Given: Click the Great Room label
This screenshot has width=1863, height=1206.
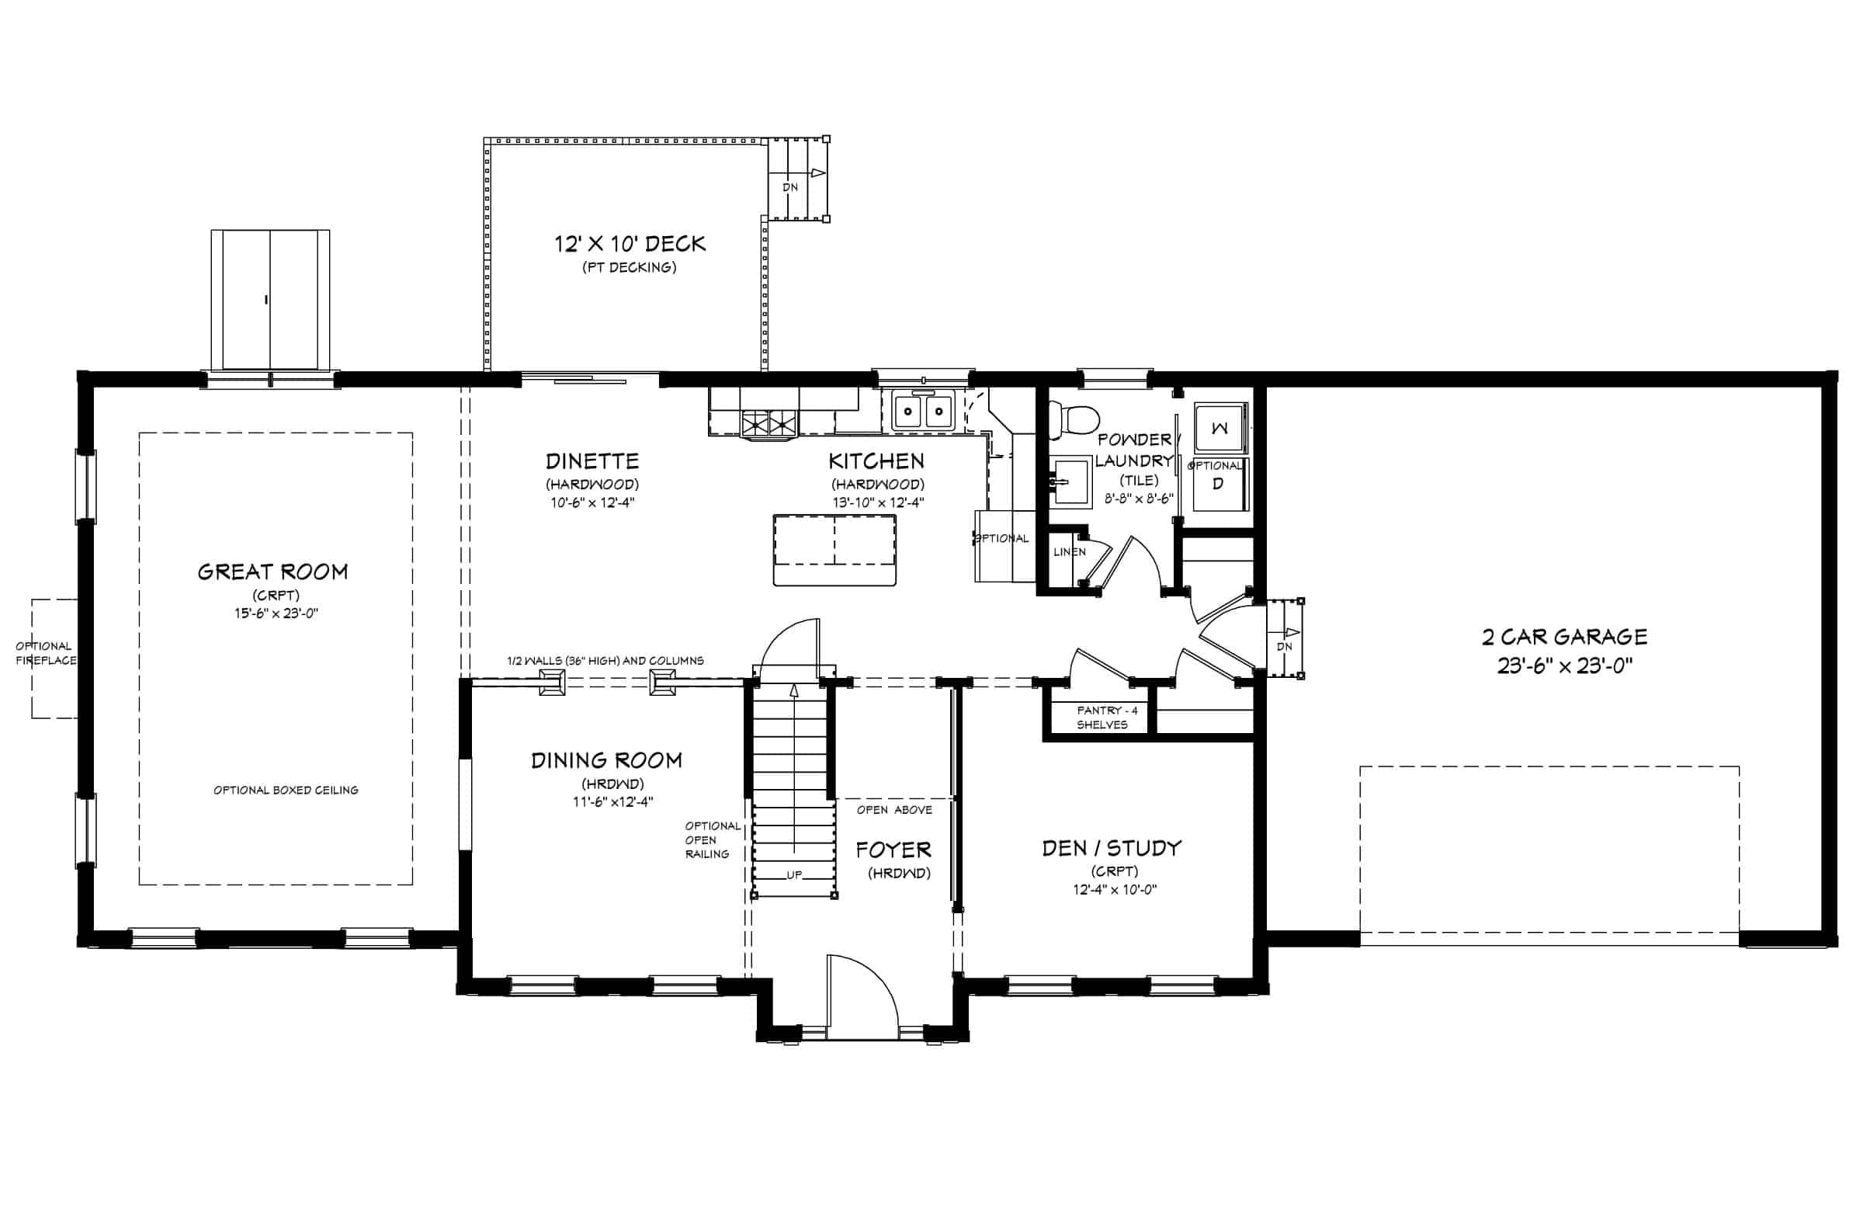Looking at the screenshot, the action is coord(272,572).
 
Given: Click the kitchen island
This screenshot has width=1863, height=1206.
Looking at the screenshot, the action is coord(834,550).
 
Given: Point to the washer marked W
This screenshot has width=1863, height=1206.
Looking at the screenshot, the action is coord(1219,428).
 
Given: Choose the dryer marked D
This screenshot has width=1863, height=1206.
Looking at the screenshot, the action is coord(1218,484).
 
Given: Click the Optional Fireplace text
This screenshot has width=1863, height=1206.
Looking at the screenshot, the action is coord(46,653).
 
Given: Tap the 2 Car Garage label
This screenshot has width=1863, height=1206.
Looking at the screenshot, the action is coord(1564,637).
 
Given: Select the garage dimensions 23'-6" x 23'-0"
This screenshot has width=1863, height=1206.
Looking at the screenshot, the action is coord(1564,666).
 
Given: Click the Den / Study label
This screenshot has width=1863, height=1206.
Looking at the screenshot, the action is coord(1112,848).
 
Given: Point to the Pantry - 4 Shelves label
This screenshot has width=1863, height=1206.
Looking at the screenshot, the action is coord(1106,718).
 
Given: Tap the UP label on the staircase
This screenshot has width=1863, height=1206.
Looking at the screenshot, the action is coord(795,874).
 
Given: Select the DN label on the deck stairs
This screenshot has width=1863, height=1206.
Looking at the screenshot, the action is coord(790,187).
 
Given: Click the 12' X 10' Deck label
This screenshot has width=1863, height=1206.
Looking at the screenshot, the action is coord(630,245).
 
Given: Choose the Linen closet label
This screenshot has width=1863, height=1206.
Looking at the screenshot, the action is coord(1069,552).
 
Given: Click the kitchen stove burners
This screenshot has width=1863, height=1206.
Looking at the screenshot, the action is coord(768,424).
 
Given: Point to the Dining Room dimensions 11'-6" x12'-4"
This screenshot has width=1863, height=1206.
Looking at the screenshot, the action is coord(613,801).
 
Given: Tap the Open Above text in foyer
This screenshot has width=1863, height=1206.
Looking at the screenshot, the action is coord(894,810).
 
